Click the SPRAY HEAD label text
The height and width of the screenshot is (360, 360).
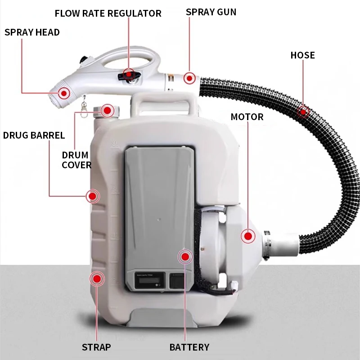(32, 32)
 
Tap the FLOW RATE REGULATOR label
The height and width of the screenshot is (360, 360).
(108, 13)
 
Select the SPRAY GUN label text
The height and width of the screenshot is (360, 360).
(211, 12)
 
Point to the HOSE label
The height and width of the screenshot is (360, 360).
(302, 55)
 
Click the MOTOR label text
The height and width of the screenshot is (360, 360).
(247, 117)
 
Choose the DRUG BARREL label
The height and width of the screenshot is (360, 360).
(34, 135)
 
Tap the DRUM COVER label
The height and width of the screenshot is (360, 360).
(76, 160)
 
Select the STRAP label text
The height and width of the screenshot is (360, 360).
(96, 347)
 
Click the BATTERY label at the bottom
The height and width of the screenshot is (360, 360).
(189, 347)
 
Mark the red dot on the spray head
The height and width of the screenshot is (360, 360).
(64, 94)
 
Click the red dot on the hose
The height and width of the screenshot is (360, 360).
(303, 111)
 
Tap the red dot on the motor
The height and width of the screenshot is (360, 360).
(248, 236)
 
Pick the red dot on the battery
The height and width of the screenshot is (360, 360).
(185, 257)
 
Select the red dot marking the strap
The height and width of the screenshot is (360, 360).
(97, 279)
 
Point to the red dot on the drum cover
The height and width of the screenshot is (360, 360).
(107, 110)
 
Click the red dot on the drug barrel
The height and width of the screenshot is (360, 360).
(93, 196)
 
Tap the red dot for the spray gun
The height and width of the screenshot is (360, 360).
(189, 78)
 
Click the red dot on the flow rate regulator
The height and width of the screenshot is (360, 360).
(129, 73)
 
